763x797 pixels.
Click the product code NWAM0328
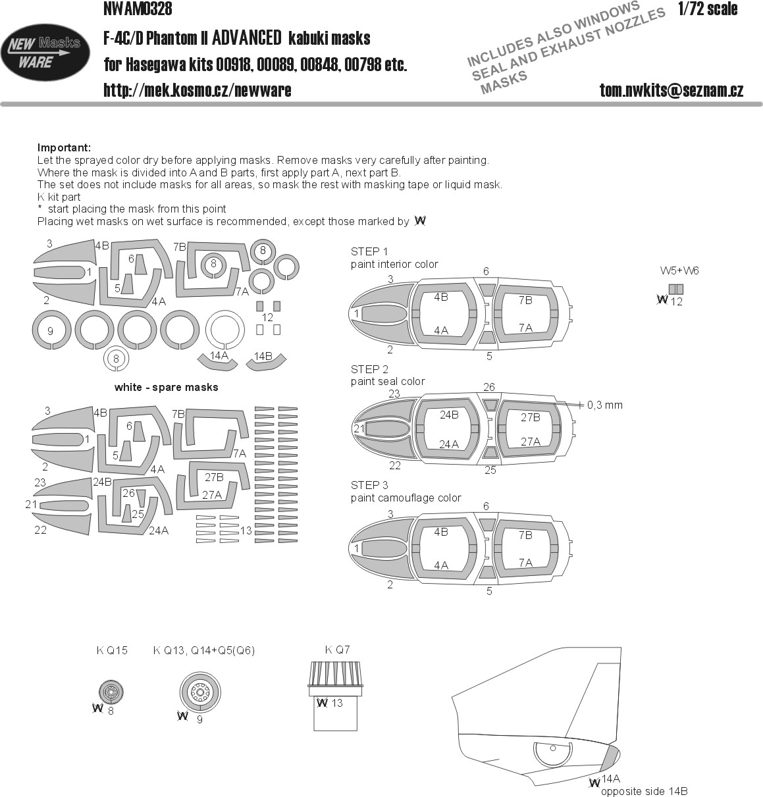pos(138,9)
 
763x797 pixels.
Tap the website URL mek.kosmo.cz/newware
pos(197,90)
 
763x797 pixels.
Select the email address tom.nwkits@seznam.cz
pos(671,90)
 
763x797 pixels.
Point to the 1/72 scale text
pos(707,9)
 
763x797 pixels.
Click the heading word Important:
pos(64,148)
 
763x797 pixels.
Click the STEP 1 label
pos(369,252)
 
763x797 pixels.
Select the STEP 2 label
pos(369,369)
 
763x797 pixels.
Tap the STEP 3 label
pos(369,486)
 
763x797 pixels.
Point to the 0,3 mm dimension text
pos(604,405)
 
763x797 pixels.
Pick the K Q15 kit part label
pos(112,650)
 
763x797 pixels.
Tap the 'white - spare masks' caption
pos(166,387)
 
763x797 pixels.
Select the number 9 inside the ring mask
pos(51,330)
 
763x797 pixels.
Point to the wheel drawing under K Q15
pos(111,692)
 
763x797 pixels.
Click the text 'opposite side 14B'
pos(644,791)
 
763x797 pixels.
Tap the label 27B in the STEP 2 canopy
pos(530,417)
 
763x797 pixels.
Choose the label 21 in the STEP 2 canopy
pos(359,429)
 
